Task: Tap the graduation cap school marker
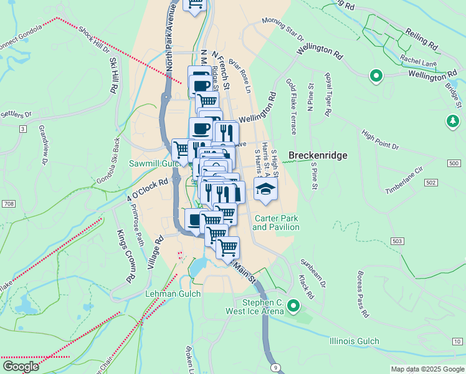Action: coord(265,190)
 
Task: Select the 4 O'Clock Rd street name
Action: coord(148,190)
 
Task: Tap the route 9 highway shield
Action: coord(275,368)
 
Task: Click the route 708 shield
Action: coord(9,204)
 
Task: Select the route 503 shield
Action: coord(397,241)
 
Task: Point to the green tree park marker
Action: coord(453,122)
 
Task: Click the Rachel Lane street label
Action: coord(418,60)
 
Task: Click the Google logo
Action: coord(21,367)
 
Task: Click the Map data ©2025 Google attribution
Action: coord(427,369)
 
